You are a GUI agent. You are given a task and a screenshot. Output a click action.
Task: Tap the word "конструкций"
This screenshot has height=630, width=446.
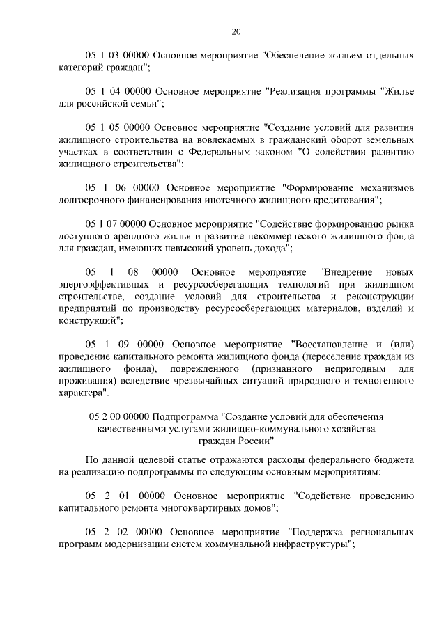89,320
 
